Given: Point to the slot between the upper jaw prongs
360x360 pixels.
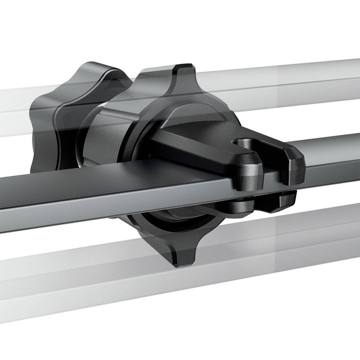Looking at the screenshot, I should coord(267,154).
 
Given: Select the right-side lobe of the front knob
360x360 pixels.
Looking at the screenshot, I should coord(234,123).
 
